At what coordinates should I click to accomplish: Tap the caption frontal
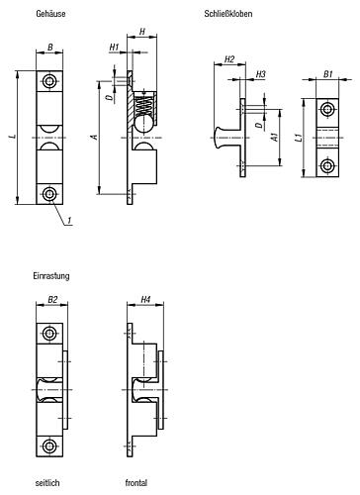[136, 482]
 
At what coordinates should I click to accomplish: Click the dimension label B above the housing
[50, 46]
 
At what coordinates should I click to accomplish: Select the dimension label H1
[115, 48]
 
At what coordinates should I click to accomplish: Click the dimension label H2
[229, 59]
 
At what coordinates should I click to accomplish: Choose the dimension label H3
[260, 74]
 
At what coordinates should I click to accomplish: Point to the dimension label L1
[299, 141]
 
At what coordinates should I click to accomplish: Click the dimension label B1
[328, 74]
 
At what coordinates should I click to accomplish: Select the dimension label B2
[51, 298]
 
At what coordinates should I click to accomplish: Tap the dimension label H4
[144, 298]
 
